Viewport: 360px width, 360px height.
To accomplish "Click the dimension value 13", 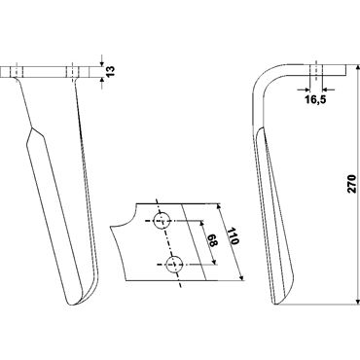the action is click(111, 71).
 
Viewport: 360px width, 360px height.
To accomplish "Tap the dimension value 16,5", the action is click(315, 100).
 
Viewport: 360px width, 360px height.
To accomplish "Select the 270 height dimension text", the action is click(352, 184).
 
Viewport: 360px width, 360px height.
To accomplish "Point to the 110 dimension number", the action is click(233, 236).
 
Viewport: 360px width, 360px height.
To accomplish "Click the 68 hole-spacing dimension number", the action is click(212, 240).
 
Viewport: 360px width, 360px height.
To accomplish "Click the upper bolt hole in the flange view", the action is click(162, 221).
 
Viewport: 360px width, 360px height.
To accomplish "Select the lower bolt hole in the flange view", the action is click(174, 265).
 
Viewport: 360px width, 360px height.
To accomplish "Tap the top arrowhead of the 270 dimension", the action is click(357, 68).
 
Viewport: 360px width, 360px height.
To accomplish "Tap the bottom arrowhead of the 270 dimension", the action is click(357, 302).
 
